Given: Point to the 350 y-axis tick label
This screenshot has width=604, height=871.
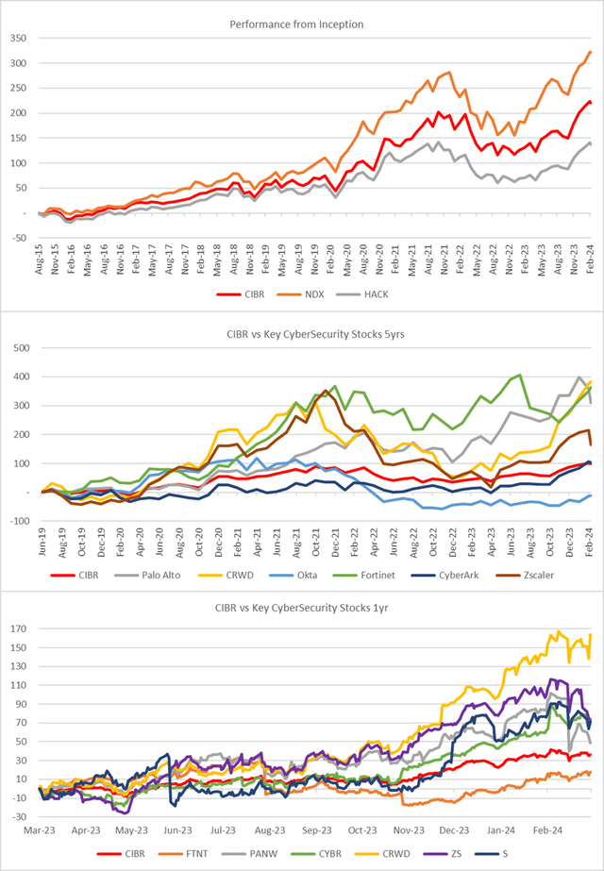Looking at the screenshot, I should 19,39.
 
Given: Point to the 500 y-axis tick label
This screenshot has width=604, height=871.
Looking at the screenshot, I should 19,322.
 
